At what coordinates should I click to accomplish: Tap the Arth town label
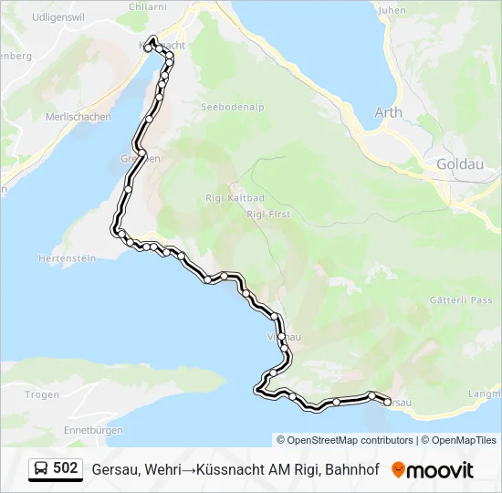coord(388,112)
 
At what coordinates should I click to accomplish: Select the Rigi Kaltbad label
coord(223,197)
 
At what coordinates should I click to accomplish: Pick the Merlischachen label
coord(78,117)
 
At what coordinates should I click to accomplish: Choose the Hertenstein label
coord(67,258)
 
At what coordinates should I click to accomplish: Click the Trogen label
coord(42,394)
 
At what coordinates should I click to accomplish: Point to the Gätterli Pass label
coord(461,300)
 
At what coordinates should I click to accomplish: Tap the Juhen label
coord(391,10)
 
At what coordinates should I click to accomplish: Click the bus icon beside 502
coord(41,468)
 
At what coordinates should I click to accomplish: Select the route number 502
coord(66,468)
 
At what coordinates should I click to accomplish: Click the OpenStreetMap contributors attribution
coord(350,440)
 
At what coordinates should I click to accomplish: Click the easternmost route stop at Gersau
coord(387,401)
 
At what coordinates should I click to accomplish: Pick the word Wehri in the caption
coord(160,469)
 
